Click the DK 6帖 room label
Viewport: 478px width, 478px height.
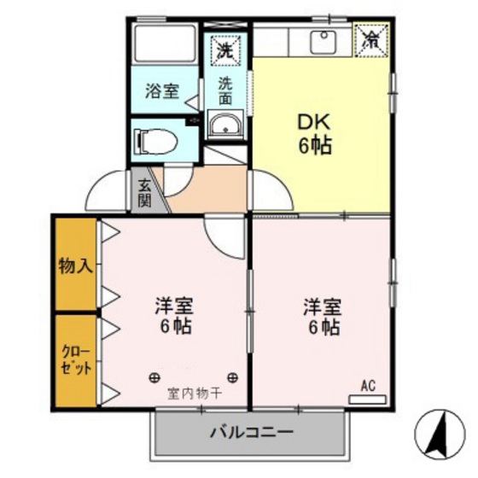coord(315,134)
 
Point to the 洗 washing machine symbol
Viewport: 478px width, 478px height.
coord(224,50)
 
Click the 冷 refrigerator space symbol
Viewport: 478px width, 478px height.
coord(373,39)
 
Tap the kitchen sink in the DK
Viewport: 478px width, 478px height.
coord(323,40)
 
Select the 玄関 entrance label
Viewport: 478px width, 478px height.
coord(144,193)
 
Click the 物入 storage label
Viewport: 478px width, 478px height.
coord(75,265)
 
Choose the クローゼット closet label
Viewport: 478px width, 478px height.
coord(75,359)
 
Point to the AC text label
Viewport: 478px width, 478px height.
coord(368,385)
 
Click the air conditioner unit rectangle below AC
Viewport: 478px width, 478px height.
coord(368,399)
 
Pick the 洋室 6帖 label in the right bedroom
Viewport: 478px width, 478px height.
coord(322,317)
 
